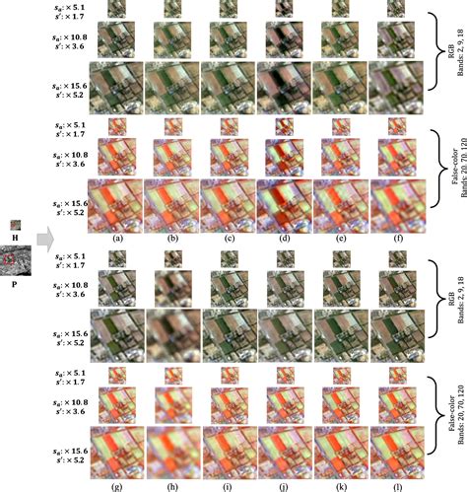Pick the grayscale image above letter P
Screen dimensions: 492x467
coord(15,261)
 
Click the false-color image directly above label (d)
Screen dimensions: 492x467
coord(284,205)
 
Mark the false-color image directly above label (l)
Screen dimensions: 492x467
coord(395,453)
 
